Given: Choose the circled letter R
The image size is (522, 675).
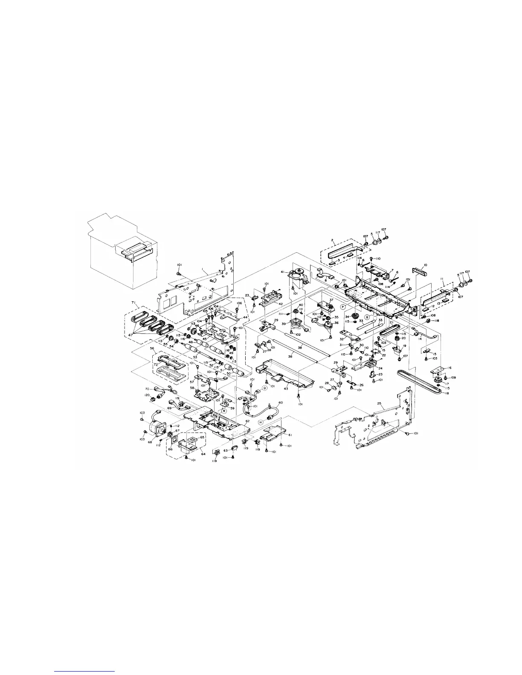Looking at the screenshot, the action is pos(224,411).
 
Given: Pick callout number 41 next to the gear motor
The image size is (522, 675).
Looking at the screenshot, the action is pos(281,272).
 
